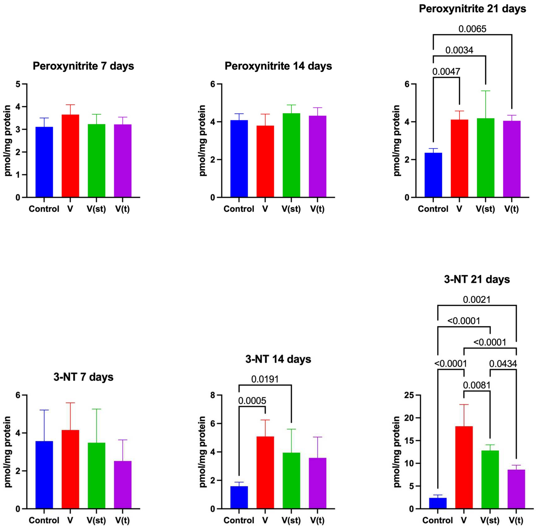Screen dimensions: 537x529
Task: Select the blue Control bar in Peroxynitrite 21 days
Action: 433,175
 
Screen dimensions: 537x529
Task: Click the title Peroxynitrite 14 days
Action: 278,66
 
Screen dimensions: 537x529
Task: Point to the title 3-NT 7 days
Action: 83,377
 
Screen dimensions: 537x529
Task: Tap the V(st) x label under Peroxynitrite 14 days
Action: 291,209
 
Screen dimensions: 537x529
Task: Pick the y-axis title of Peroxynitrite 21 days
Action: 397,141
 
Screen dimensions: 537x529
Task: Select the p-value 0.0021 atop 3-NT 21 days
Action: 477,299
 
